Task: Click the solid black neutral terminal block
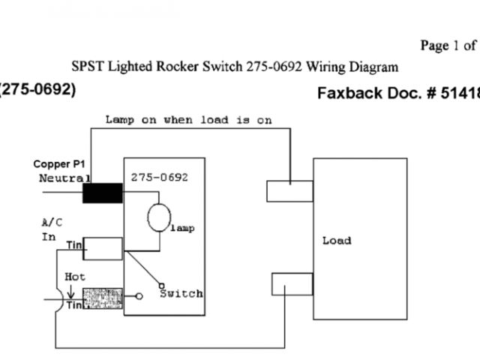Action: (x=102, y=193)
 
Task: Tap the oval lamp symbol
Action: (x=159, y=217)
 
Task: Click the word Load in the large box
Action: (x=336, y=241)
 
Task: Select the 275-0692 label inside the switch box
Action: (x=159, y=178)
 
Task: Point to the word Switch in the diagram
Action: (x=181, y=293)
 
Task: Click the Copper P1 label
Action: (x=63, y=163)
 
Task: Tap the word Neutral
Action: (x=64, y=178)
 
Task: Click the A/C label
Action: (x=52, y=222)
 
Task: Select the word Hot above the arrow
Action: (x=75, y=277)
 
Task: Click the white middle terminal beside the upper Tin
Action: (x=103, y=248)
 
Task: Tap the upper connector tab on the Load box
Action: (x=289, y=190)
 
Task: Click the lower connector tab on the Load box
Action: (x=292, y=284)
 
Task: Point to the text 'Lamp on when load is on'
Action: (x=188, y=119)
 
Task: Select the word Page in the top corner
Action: (x=434, y=46)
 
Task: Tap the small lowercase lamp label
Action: (x=181, y=228)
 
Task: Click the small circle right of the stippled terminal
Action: (x=139, y=296)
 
